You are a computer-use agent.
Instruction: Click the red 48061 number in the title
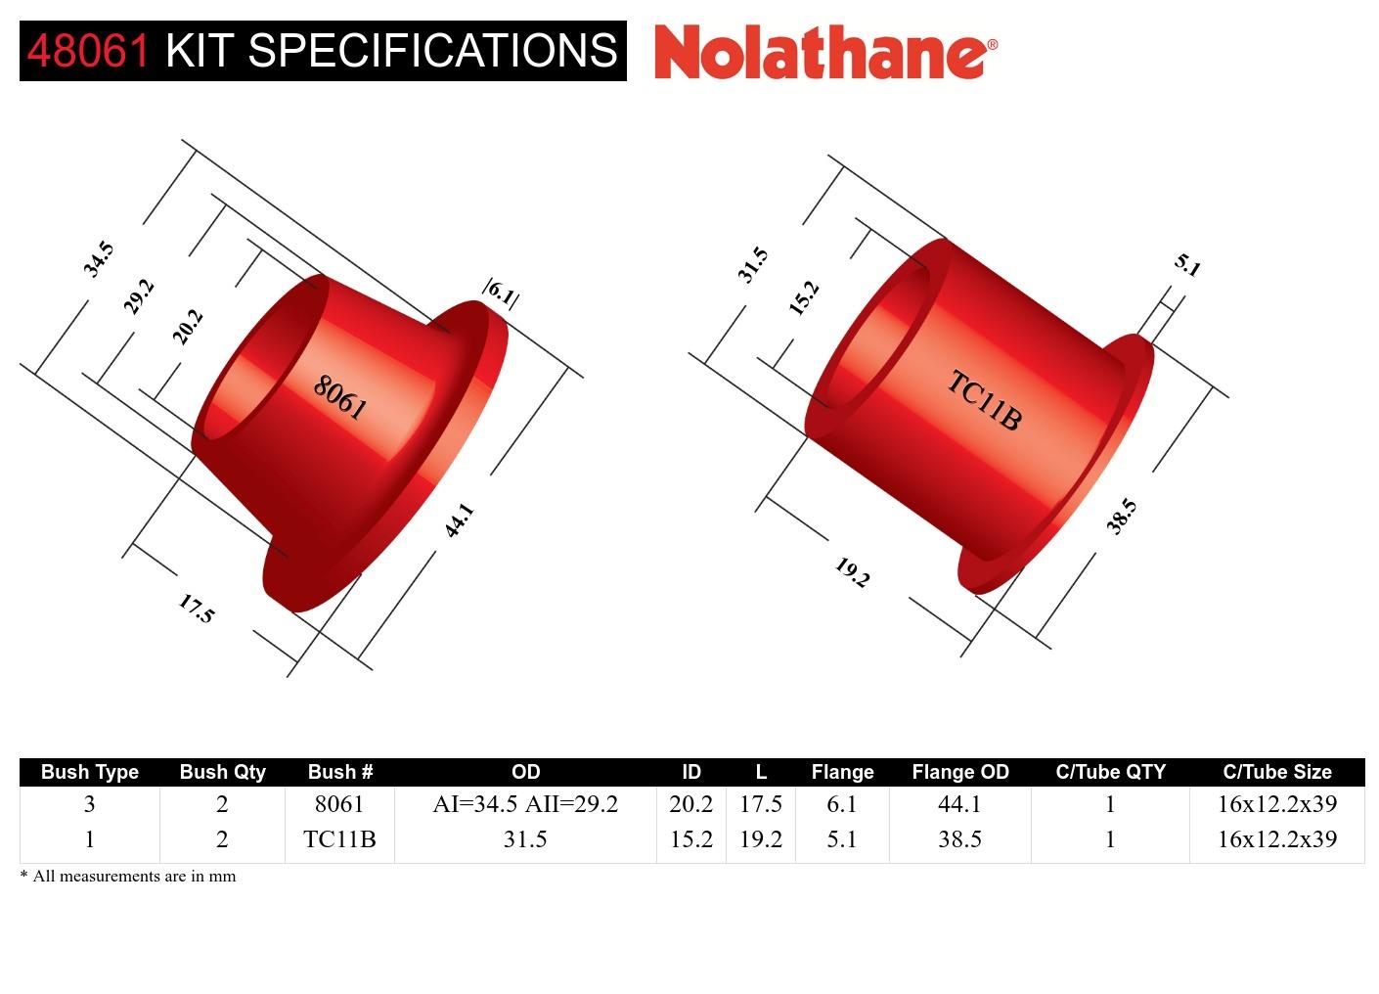(x=89, y=50)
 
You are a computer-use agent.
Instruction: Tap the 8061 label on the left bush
(x=339, y=397)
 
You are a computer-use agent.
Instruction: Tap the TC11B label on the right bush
(x=984, y=400)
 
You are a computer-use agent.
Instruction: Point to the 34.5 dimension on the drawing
(x=98, y=259)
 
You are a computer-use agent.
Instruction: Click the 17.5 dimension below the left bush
(x=196, y=609)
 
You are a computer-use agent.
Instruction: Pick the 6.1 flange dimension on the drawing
(x=501, y=293)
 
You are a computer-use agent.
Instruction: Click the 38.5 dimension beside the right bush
(x=1122, y=516)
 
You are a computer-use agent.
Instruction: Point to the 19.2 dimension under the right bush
(x=852, y=572)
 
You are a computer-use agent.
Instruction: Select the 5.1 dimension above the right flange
(x=1187, y=264)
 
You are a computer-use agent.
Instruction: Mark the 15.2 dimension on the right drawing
(x=804, y=297)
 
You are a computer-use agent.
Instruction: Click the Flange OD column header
(x=959, y=772)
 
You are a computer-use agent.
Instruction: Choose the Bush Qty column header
(x=222, y=772)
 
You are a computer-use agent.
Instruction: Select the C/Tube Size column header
(x=1276, y=772)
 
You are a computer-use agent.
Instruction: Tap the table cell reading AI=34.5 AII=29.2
(x=525, y=804)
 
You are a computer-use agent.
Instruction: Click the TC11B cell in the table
(x=339, y=839)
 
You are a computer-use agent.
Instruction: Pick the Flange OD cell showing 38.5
(x=959, y=839)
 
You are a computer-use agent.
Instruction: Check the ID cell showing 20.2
(x=690, y=804)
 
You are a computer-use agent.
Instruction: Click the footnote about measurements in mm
(x=128, y=877)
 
